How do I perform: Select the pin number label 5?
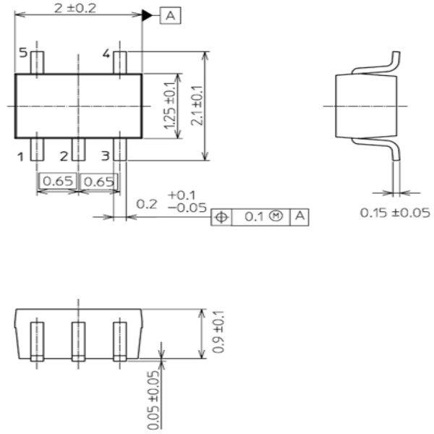pos(22,54)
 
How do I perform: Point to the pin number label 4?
pos(106,54)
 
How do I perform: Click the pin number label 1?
pos(22,156)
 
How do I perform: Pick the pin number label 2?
pos(64,156)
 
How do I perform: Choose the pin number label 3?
pos(106,156)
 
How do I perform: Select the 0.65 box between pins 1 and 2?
pos(58,181)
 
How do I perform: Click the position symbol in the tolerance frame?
pos(221,216)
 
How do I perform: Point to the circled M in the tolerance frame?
pos(274,216)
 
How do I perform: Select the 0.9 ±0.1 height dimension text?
pos(218,333)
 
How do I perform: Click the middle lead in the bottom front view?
pos(78,341)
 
